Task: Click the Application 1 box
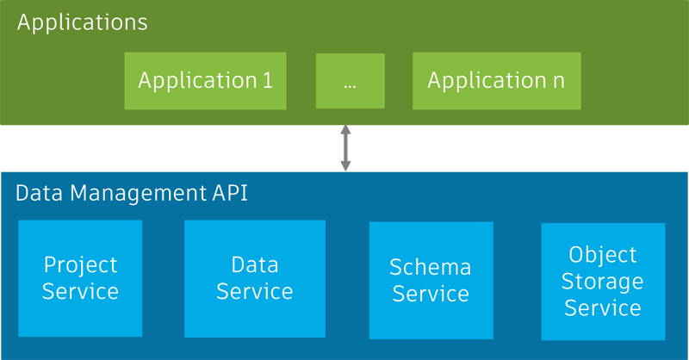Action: (x=206, y=81)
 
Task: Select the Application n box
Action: (x=496, y=81)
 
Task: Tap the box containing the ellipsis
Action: (x=350, y=81)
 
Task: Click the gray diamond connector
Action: (x=345, y=148)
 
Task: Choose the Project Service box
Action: (x=80, y=278)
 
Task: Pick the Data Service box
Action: (x=254, y=278)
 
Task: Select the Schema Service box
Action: (x=431, y=280)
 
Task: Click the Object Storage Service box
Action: (x=603, y=281)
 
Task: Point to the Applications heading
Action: (x=83, y=22)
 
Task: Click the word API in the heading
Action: (x=230, y=193)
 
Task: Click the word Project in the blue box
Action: (x=80, y=264)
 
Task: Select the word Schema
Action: (x=431, y=267)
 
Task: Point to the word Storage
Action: (x=603, y=282)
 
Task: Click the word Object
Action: (x=603, y=255)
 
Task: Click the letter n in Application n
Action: (x=560, y=82)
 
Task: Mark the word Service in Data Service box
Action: (x=254, y=292)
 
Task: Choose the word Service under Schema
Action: (x=431, y=294)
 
